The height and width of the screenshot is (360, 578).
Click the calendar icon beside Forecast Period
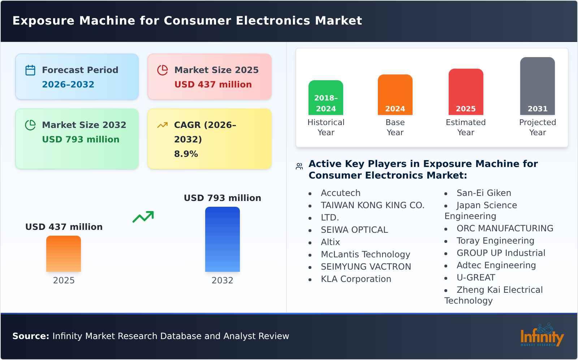(30, 70)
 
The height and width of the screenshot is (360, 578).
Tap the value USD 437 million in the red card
(213, 85)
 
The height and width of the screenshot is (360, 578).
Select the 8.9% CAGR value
(186, 154)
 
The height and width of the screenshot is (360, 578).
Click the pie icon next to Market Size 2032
(30, 125)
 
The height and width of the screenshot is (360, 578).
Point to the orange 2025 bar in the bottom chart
(64, 254)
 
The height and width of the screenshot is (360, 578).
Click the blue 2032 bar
(222, 239)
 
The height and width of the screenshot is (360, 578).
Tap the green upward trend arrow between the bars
(143, 217)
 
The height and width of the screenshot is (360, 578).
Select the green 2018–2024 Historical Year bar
(325, 98)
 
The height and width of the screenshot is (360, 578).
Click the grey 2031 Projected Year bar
(537, 86)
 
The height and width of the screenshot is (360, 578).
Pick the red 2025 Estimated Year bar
(466, 92)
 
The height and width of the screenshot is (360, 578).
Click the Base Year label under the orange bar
(395, 127)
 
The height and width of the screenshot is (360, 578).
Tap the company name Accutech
(340, 193)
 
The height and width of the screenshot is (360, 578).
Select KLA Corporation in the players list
(356, 279)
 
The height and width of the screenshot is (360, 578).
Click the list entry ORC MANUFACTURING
(505, 228)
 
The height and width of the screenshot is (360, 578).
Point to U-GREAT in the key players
(476, 278)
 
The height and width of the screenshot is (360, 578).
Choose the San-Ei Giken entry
(484, 193)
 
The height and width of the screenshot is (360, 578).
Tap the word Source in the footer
(30, 336)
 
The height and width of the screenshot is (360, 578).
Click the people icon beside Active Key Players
(299, 166)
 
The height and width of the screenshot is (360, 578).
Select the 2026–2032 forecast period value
(68, 85)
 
